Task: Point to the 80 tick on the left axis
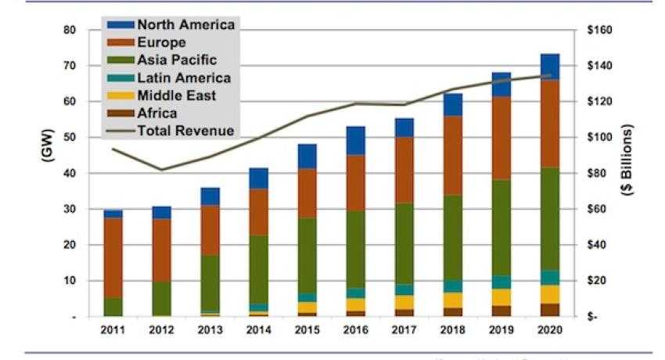click(x=70, y=30)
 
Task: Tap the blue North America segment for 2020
click(x=550, y=67)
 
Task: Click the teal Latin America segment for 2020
click(x=550, y=278)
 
